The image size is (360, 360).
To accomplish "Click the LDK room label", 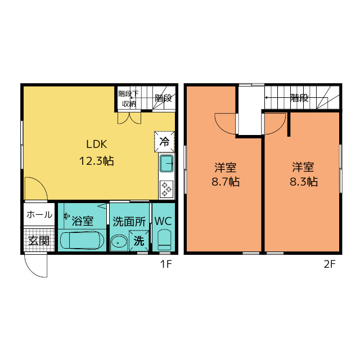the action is pyautogui.click(x=96, y=144).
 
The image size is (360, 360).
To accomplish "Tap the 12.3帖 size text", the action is pyautogui.click(x=96, y=161).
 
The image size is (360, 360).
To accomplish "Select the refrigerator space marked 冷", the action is pyautogui.click(x=164, y=142).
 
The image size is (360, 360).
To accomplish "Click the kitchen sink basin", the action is pyautogui.click(x=166, y=163).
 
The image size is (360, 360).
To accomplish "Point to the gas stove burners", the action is pyautogui.click(x=166, y=190).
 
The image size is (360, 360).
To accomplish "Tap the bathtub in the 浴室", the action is pyautogui.click(x=82, y=240).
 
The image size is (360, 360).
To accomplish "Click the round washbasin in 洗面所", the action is pyautogui.click(x=119, y=242).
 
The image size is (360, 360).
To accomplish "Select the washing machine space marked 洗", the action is pyautogui.click(x=139, y=241).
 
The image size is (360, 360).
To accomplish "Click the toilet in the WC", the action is pyautogui.click(x=164, y=240).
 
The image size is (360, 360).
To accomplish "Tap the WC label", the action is pyautogui.click(x=163, y=221).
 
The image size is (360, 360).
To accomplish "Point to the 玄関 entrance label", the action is pyautogui.click(x=39, y=241).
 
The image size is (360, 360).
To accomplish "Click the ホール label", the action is pyautogui.click(x=39, y=215).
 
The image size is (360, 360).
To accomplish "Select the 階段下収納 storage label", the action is pyautogui.click(x=129, y=99).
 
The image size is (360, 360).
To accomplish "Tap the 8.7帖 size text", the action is pyautogui.click(x=226, y=182).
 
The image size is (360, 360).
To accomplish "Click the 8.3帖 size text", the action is pyautogui.click(x=304, y=182).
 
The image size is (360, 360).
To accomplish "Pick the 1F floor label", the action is pyautogui.click(x=166, y=264).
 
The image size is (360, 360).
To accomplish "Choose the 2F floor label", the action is pyautogui.click(x=330, y=264).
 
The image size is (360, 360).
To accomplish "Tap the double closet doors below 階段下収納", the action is pyautogui.click(x=129, y=118).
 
